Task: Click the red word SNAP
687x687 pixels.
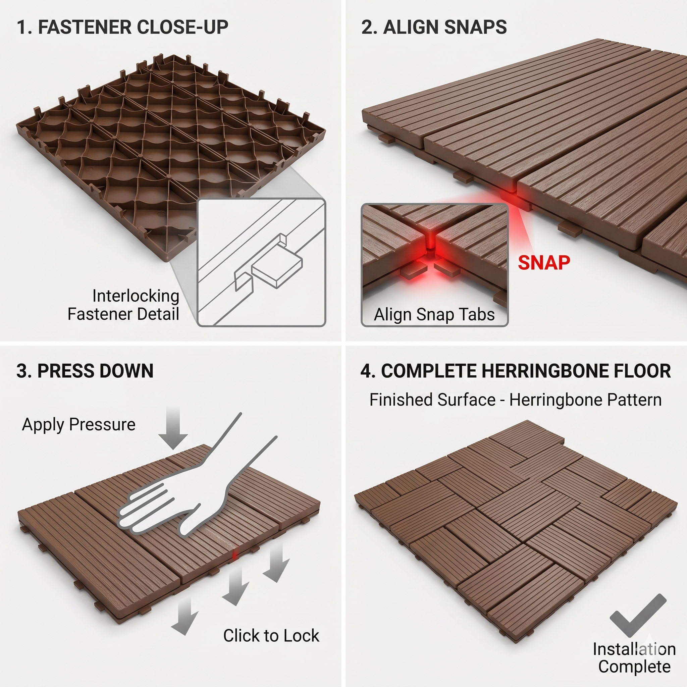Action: [544, 263]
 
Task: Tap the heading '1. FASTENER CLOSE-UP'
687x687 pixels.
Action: [122, 27]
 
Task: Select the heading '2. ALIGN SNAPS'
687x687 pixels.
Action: [434, 27]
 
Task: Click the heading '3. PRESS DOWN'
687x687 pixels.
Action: [85, 371]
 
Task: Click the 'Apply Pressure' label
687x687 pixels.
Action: [78, 425]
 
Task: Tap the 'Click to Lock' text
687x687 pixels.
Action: [271, 635]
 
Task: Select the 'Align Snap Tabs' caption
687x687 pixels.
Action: [434, 314]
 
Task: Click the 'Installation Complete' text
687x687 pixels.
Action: [634, 658]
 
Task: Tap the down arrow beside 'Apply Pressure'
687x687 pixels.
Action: [173, 428]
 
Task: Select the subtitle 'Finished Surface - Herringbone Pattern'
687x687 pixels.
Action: [515, 400]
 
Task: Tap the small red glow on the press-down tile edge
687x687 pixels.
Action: [234, 554]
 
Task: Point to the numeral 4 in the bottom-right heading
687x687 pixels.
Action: [365, 371]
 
